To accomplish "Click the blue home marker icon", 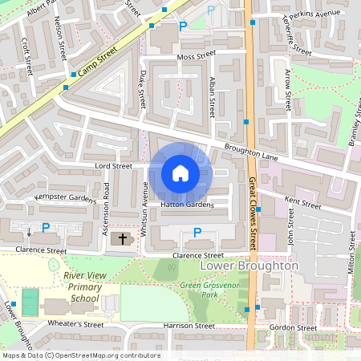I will click(180, 173).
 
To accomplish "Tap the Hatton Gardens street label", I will click(187, 205).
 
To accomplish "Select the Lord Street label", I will click(112, 166).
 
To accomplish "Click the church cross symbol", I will click(123, 238).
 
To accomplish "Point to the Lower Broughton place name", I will click(249, 266).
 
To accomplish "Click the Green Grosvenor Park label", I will click(211, 290).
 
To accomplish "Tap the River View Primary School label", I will click(80, 287).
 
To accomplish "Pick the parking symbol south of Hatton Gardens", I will click(197, 233).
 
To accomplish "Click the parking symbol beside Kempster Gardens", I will click(46, 228).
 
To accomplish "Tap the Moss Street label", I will click(197, 56).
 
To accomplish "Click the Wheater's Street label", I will click(77, 325).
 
